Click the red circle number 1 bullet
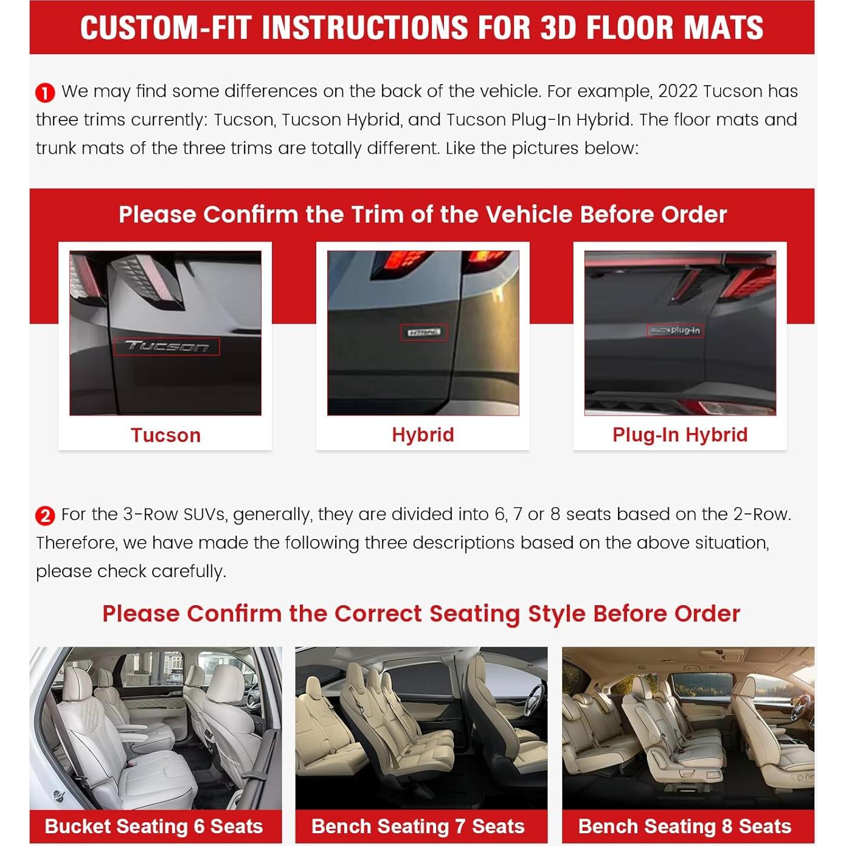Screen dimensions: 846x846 (45, 93)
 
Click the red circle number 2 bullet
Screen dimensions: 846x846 (45, 516)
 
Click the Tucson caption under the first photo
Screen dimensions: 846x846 (165, 435)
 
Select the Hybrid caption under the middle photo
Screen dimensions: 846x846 (423, 435)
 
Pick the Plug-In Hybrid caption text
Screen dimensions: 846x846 (680, 435)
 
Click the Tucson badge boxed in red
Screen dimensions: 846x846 (167, 347)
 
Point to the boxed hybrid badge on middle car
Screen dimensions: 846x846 (423, 333)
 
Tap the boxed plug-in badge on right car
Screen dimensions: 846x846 (675, 330)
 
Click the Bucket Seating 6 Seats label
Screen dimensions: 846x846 (154, 827)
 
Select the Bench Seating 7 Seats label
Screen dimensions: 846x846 (418, 827)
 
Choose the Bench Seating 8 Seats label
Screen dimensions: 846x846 (685, 827)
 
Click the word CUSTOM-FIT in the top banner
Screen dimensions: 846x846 (165, 28)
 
